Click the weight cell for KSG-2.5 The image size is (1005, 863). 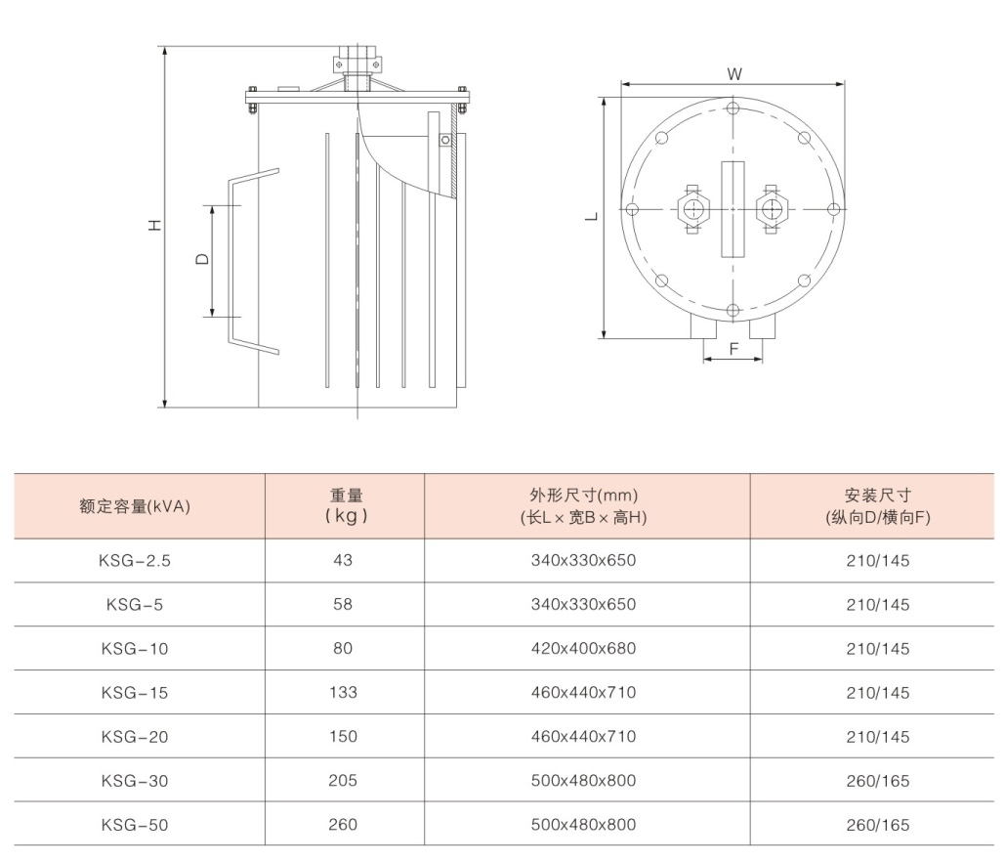pos(343,560)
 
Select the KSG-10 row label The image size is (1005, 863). pos(135,649)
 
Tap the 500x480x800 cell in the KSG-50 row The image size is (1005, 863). pos(583,825)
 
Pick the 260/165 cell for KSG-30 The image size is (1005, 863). pos(877,781)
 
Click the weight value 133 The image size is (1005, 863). pos(343,692)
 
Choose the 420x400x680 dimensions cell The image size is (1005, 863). pos(583,648)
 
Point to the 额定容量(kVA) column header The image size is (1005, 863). pos(135,506)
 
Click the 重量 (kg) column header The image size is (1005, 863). pos(346,505)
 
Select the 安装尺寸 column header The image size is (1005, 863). pos(877,506)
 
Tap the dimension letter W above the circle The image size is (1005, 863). pos(733,73)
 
